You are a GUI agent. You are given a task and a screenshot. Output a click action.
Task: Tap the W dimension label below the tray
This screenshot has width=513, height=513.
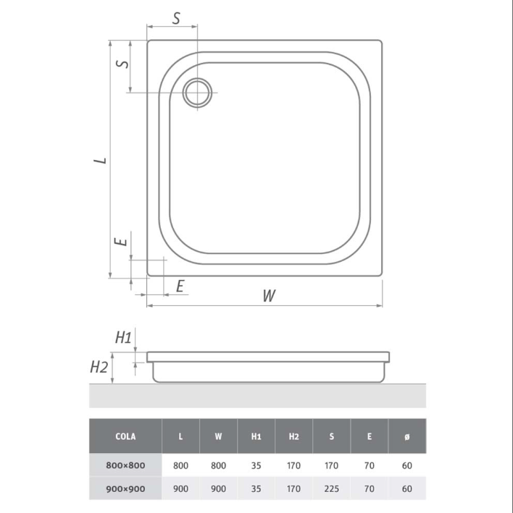[269, 295]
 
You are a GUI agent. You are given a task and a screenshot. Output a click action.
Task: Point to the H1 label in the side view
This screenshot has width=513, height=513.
[123, 337]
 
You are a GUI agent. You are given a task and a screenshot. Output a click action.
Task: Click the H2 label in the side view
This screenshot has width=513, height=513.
[99, 367]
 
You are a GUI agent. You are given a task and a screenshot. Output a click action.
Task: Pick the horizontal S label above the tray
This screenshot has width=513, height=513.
[176, 18]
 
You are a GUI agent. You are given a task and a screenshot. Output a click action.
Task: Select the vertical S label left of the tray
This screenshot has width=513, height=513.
[123, 62]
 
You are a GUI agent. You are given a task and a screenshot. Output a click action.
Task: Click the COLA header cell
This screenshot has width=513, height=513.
[125, 436]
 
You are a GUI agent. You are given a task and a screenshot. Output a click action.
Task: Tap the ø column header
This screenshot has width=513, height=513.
[407, 436]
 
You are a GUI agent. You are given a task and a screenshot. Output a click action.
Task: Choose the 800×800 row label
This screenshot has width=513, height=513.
[125, 465]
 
